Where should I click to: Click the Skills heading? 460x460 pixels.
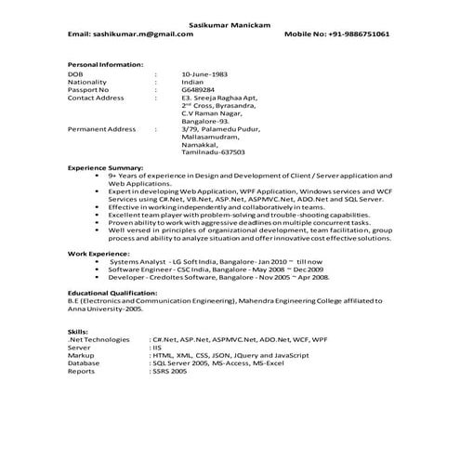pos(79,332)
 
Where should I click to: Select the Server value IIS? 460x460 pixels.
pos(159,348)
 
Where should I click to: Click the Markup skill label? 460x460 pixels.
pos(82,355)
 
